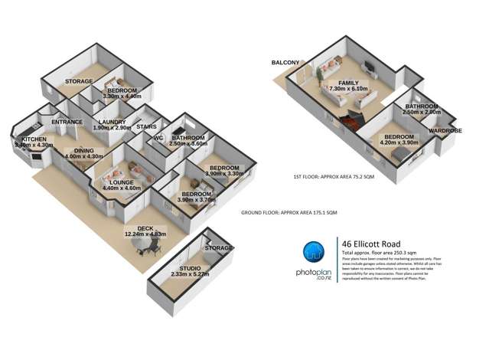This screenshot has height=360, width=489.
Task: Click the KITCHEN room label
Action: (x=25, y=138)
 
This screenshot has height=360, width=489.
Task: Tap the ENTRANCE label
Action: (x=67, y=122)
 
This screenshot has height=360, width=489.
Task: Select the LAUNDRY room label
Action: (x=111, y=121)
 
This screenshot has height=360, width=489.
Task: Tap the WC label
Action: (x=159, y=138)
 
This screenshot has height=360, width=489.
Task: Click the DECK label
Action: (x=146, y=228)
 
